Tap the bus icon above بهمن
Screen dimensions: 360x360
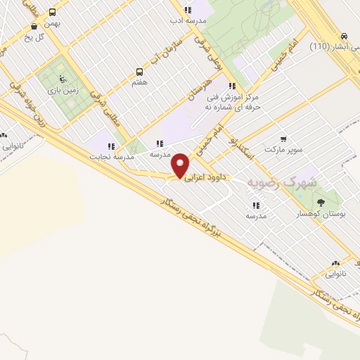pos(52,12)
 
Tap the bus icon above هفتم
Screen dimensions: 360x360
pos(139,72)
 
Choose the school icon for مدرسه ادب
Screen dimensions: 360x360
pos(187,10)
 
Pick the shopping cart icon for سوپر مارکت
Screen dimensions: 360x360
pos(283,139)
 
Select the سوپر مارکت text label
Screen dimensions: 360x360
pos(282,150)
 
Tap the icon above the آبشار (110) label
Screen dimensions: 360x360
pos(342,37)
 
